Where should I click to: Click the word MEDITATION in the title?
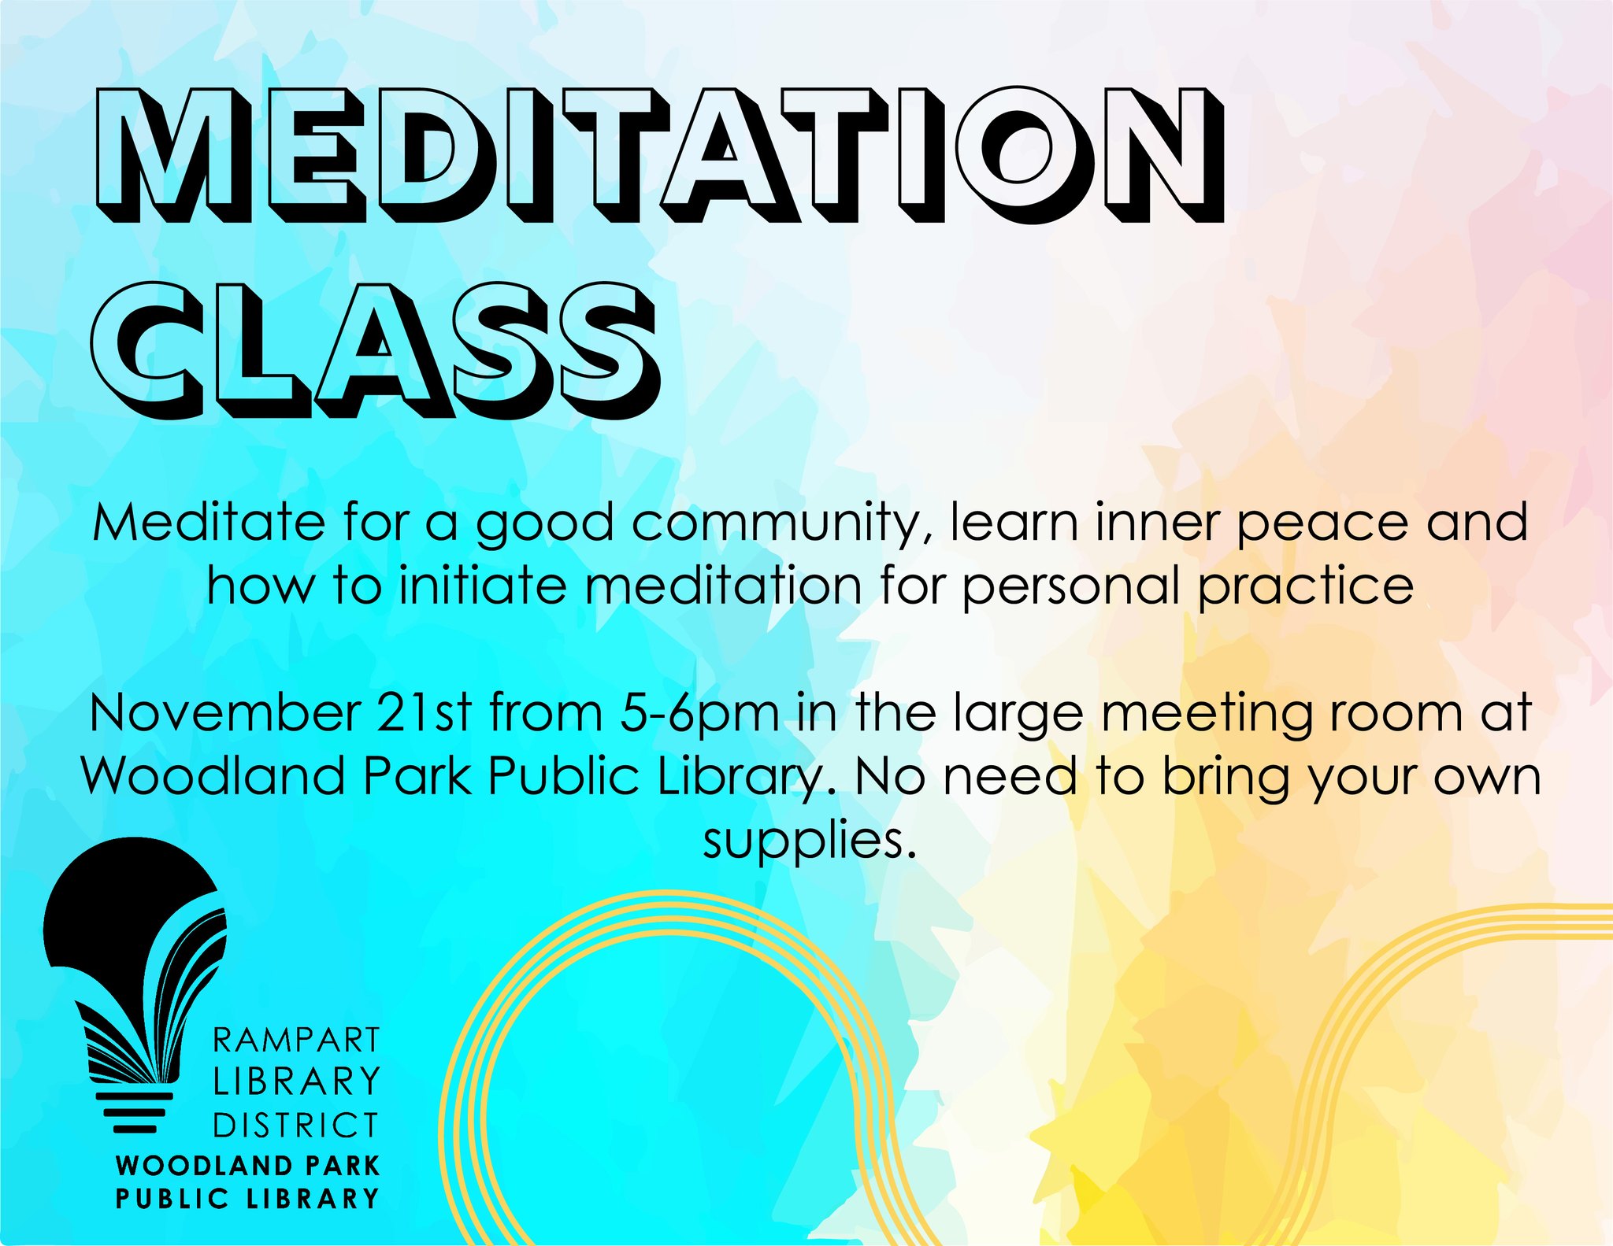pyautogui.click(x=659, y=154)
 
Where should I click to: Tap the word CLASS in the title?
pyautogui.click(x=375, y=349)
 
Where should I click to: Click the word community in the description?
pyautogui.click(x=782, y=524)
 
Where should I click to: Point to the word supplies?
pyautogui.click(x=810, y=843)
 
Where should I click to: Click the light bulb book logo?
pyautogui.click(x=135, y=985)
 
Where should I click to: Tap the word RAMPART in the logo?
pyautogui.click(x=297, y=1041)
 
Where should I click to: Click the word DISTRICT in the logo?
pyautogui.click(x=297, y=1126)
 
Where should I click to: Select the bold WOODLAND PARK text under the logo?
pyautogui.click(x=248, y=1165)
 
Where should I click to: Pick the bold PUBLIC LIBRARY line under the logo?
pyautogui.click(x=248, y=1199)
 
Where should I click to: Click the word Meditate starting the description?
pyautogui.click(x=209, y=523)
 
